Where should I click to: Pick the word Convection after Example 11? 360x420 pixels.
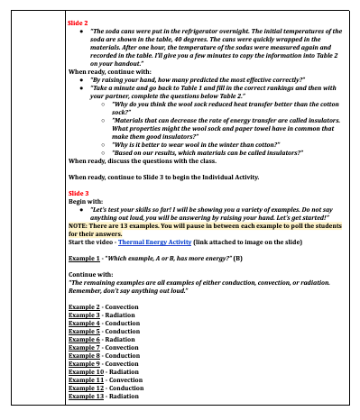pos(129,379)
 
